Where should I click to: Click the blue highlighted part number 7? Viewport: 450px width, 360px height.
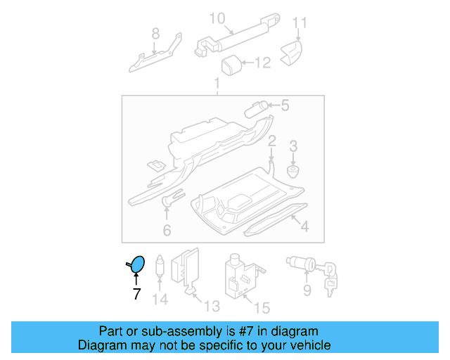[x=139, y=264]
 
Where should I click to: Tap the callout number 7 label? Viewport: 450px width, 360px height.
[x=137, y=294]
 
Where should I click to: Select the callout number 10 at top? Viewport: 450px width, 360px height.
[x=217, y=18]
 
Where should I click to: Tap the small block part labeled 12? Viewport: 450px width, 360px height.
[x=231, y=66]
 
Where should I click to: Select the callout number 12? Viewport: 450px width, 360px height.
[x=262, y=64]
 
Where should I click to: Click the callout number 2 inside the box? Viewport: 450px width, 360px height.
[x=271, y=141]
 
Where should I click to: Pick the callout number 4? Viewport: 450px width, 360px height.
[x=304, y=226]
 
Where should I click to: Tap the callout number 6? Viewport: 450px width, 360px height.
[x=167, y=230]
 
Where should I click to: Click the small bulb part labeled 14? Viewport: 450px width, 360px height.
[x=160, y=267]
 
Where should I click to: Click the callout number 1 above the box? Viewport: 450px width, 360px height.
[x=217, y=85]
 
